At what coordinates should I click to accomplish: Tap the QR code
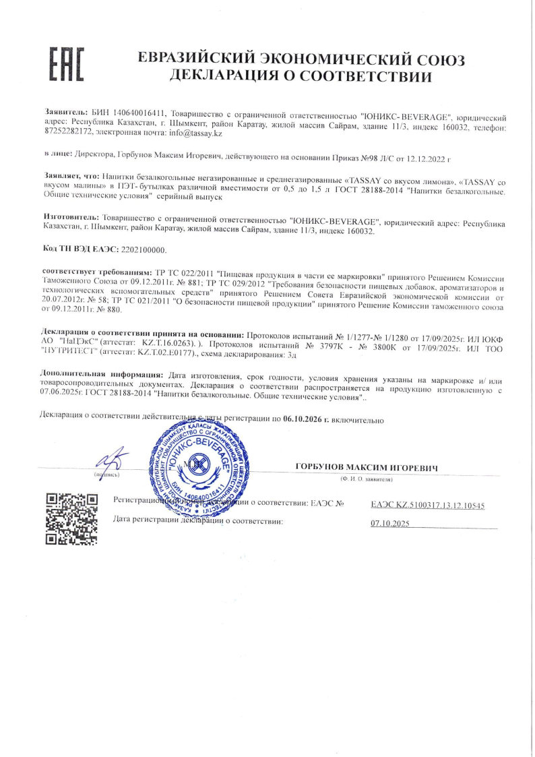[x=71, y=518]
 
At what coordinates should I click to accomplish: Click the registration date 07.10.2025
[x=390, y=523]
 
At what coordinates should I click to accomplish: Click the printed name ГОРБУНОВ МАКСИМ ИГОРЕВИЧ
[x=367, y=467]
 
